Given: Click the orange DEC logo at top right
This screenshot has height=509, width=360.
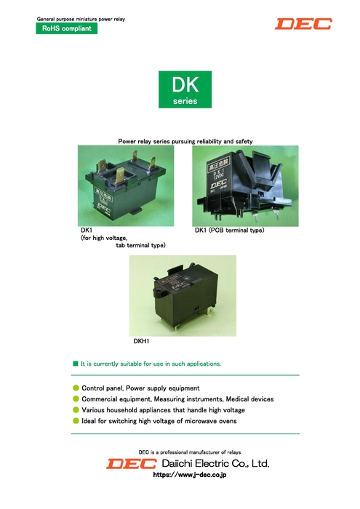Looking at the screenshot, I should (x=303, y=24).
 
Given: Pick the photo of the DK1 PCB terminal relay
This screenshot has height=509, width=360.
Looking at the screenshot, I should (x=245, y=185).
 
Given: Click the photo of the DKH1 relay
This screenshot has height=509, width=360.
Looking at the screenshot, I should (x=183, y=294).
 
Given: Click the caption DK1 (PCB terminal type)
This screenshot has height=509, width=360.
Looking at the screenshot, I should (x=229, y=231).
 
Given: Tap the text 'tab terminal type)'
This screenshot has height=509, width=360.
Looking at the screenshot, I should (x=141, y=246).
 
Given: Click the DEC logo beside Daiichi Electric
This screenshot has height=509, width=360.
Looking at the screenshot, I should (x=131, y=463).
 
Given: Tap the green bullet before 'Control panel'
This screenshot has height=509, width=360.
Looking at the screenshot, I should (x=76, y=388).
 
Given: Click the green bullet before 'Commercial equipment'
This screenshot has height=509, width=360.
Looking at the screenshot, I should (x=76, y=399).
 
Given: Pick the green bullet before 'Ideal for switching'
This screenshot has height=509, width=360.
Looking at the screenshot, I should (x=76, y=421).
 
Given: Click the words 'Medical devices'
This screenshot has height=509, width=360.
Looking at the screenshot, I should (x=247, y=399).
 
